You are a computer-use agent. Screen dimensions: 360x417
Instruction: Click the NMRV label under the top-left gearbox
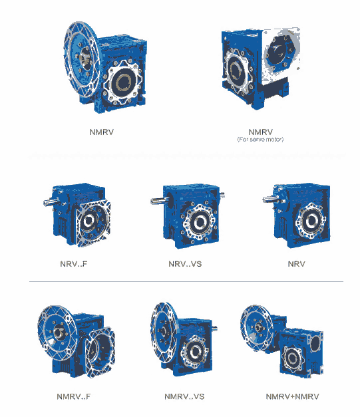(x=101, y=132)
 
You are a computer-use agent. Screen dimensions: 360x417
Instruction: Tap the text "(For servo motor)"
(x=260, y=140)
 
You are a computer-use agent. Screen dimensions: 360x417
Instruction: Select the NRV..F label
(x=74, y=264)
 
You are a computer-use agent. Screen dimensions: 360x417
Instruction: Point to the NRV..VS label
(x=185, y=264)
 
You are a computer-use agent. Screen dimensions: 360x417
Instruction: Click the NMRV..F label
(x=74, y=396)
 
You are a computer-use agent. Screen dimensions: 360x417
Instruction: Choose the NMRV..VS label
(x=184, y=396)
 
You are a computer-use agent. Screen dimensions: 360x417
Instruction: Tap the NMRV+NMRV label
(x=292, y=396)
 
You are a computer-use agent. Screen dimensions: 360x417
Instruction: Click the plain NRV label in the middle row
(x=296, y=264)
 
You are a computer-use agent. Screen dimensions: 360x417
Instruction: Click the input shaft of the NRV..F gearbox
(x=50, y=202)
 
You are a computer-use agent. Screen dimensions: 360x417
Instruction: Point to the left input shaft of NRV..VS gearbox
(x=158, y=201)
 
